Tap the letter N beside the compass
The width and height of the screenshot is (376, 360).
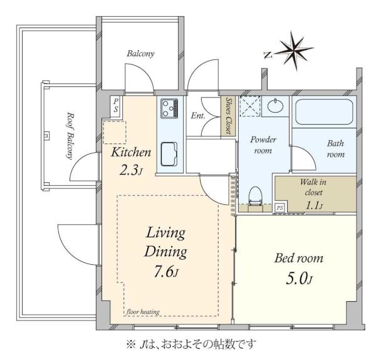[x=268, y=55]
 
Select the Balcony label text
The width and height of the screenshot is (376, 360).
[x=140, y=53]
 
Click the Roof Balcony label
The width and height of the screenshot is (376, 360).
[x=70, y=136]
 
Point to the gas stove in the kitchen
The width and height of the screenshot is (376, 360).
[x=169, y=108]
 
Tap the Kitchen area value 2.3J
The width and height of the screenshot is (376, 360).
[x=131, y=170]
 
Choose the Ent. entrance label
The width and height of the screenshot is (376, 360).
[x=198, y=116]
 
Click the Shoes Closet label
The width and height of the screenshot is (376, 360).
[x=229, y=116]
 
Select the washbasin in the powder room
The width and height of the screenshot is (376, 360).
[x=275, y=106]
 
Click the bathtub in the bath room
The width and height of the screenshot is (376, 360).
[x=324, y=111]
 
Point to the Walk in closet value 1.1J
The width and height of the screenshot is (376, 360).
[x=314, y=205]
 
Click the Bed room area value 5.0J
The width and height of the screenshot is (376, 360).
[x=300, y=279]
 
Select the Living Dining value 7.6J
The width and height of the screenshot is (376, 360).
[x=166, y=272]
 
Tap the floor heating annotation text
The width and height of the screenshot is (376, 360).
[x=143, y=312]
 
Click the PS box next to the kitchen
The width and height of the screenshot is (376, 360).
[x=116, y=106]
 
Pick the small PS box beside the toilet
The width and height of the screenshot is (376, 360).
[x=279, y=207]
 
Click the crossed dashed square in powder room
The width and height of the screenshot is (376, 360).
[x=250, y=106]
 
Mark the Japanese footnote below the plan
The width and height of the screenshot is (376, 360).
[x=191, y=344]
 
